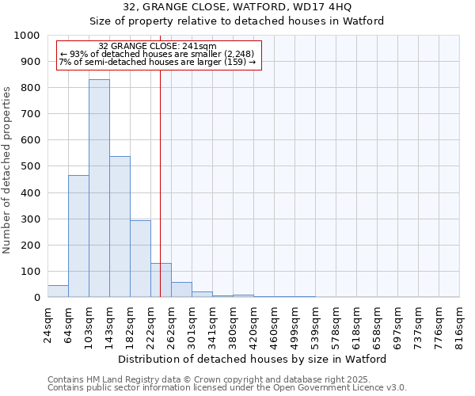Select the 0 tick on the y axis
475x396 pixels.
pyautogui.click(x=37, y=297)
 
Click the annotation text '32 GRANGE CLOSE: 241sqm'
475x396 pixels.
pyautogui.click(x=157, y=47)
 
